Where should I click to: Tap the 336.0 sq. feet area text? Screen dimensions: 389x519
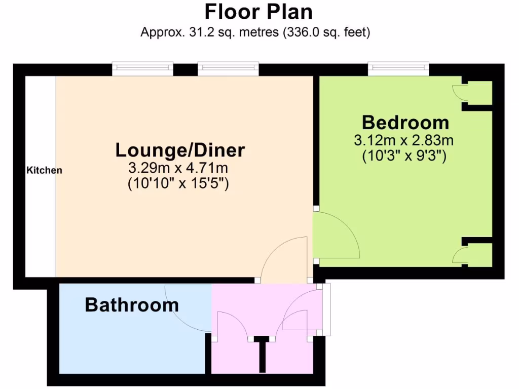(327, 33)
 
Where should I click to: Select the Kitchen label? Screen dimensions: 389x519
(44, 170)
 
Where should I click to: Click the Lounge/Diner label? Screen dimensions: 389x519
(180, 150)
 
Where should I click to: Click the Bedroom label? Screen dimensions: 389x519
(405, 123)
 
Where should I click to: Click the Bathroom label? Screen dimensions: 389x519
(132, 305)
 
